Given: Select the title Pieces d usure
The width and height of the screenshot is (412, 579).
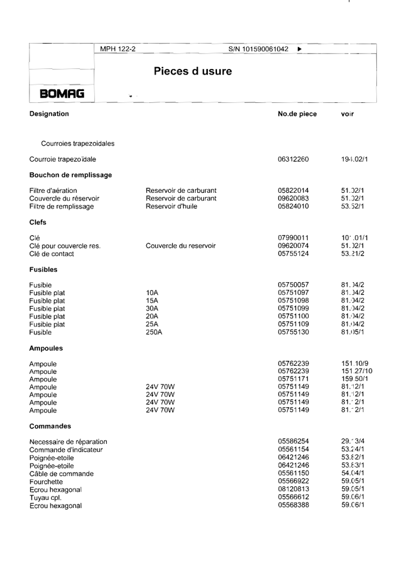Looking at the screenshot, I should (x=193, y=72).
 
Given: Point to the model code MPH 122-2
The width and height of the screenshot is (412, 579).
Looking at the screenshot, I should (x=118, y=49).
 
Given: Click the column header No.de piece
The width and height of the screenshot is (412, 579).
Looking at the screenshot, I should (x=297, y=114).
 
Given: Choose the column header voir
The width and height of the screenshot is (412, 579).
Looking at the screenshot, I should (x=348, y=114).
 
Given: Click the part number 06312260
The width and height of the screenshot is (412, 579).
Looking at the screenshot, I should (x=293, y=159).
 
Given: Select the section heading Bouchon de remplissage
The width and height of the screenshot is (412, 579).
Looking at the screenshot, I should (x=71, y=175).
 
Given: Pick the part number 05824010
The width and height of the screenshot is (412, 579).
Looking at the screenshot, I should (x=293, y=206).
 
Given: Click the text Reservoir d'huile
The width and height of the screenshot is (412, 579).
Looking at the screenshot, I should (x=174, y=206).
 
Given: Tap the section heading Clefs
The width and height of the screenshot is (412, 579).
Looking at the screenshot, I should (x=38, y=222).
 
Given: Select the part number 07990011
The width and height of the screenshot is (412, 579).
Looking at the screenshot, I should (x=293, y=238).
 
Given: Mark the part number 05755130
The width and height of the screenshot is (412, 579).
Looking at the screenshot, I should (x=293, y=332).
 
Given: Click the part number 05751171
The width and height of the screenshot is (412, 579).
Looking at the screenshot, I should (x=293, y=379).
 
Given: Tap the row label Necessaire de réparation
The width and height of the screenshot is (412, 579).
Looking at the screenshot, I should (x=68, y=442).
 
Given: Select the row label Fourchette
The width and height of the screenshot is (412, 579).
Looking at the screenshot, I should (x=47, y=481).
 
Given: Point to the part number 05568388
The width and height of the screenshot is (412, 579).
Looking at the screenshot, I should (x=293, y=505).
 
